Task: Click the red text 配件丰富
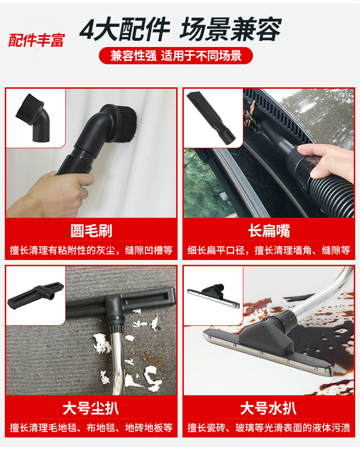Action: pos(36,40)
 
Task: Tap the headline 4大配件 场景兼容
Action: pos(180,29)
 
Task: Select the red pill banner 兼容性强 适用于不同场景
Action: pos(176,56)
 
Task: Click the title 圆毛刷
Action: pos(91,231)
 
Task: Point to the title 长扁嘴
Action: pos(269,231)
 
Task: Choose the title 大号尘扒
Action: pos(91,408)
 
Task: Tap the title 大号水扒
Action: pos(269,408)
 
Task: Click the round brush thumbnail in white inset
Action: pos(33,118)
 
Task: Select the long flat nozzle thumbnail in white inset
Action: pos(211,118)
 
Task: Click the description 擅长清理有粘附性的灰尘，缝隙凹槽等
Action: pos(91,250)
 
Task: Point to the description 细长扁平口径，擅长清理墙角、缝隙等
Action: pos(269,250)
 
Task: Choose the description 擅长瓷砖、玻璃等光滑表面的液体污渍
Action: pos(269,428)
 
